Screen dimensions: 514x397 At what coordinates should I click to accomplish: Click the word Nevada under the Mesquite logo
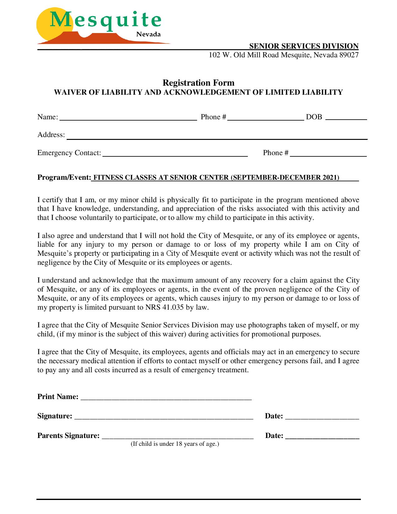[x=149, y=34]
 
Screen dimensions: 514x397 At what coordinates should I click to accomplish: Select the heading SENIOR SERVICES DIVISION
[x=304, y=46]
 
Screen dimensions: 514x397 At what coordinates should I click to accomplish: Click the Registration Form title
[x=198, y=83]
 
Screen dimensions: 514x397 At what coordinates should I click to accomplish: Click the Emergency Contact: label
[x=69, y=153]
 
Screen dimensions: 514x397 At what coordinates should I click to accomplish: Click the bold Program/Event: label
[x=64, y=178]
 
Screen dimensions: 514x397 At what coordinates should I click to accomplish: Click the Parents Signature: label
[x=69, y=435]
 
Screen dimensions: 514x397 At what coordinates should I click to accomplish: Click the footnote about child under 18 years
[x=175, y=444]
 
